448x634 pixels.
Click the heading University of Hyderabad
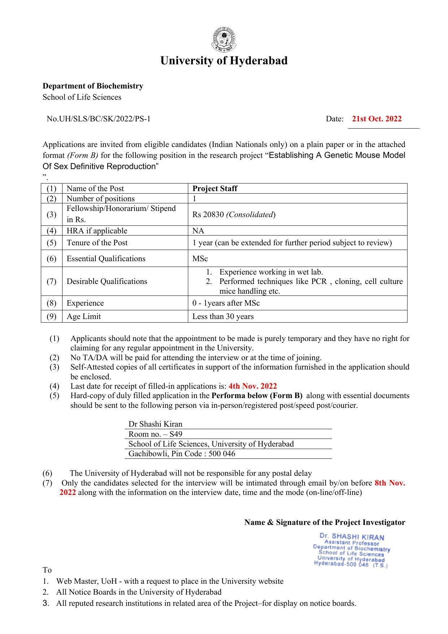tap(224, 60)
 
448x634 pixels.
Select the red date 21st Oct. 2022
tap(376, 119)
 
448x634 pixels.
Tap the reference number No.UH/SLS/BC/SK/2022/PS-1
tap(98, 119)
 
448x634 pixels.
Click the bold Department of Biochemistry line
tap(93, 86)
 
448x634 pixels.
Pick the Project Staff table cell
tap(215, 189)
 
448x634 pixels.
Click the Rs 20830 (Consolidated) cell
tap(234, 215)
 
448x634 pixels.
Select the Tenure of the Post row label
tap(97, 243)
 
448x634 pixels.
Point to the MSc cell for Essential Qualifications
tap(200, 259)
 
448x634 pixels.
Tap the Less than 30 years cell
tap(223, 316)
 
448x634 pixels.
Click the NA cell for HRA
tap(198, 231)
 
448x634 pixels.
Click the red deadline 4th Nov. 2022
tap(253, 386)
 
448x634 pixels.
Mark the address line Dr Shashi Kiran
tap(155, 424)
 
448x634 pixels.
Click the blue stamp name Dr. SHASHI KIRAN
tap(352, 537)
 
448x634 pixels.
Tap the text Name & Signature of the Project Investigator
tap(324, 522)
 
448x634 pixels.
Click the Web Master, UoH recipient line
tap(169, 581)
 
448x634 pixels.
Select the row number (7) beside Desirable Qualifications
tap(51, 281)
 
